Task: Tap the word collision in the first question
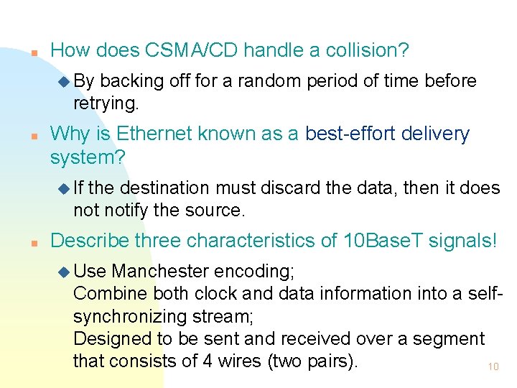coord(366,50)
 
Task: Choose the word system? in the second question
coord(88,156)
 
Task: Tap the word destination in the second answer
coord(164,188)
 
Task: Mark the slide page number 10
coord(493,366)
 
